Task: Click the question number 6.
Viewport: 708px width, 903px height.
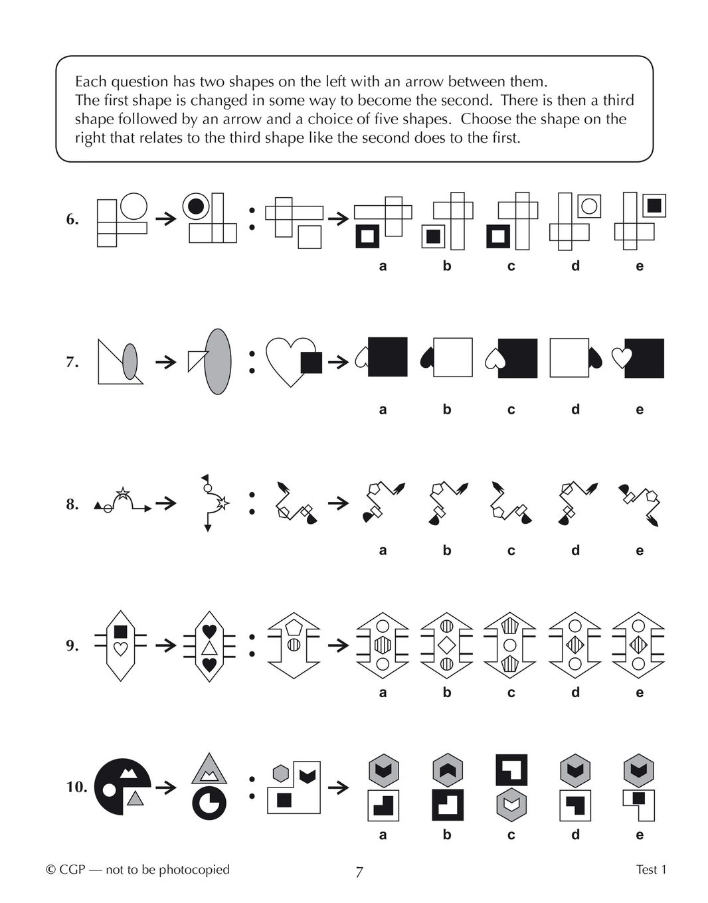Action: [x=72, y=219]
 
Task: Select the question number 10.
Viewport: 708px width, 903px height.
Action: [x=77, y=787]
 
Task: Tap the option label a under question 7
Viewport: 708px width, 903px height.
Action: [x=383, y=410]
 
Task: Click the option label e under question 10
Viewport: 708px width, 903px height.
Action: [x=640, y=835]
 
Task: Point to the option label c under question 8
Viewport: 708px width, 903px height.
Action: [x=511, y=551]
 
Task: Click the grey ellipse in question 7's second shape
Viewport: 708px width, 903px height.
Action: [x=218, y=362]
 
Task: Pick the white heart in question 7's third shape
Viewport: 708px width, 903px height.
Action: [x=291, y=362]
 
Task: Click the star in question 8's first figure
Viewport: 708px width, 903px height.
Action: [x=123, y=493]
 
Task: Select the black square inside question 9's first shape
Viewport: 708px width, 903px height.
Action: [x=120, y=631]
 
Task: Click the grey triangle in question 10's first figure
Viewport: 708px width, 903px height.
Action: [x=135, y=798]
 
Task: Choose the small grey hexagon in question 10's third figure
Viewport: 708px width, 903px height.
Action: [x=280, y=773]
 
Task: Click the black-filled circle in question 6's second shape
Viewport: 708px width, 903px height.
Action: [x=196, y=206]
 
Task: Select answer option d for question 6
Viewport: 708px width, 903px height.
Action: [x=575, y=221]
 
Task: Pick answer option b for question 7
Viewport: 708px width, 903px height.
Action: [x=447, y=358]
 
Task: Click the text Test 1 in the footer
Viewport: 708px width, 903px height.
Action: [x=651, y=870]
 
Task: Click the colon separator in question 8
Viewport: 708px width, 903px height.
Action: [x=252, y=503]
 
